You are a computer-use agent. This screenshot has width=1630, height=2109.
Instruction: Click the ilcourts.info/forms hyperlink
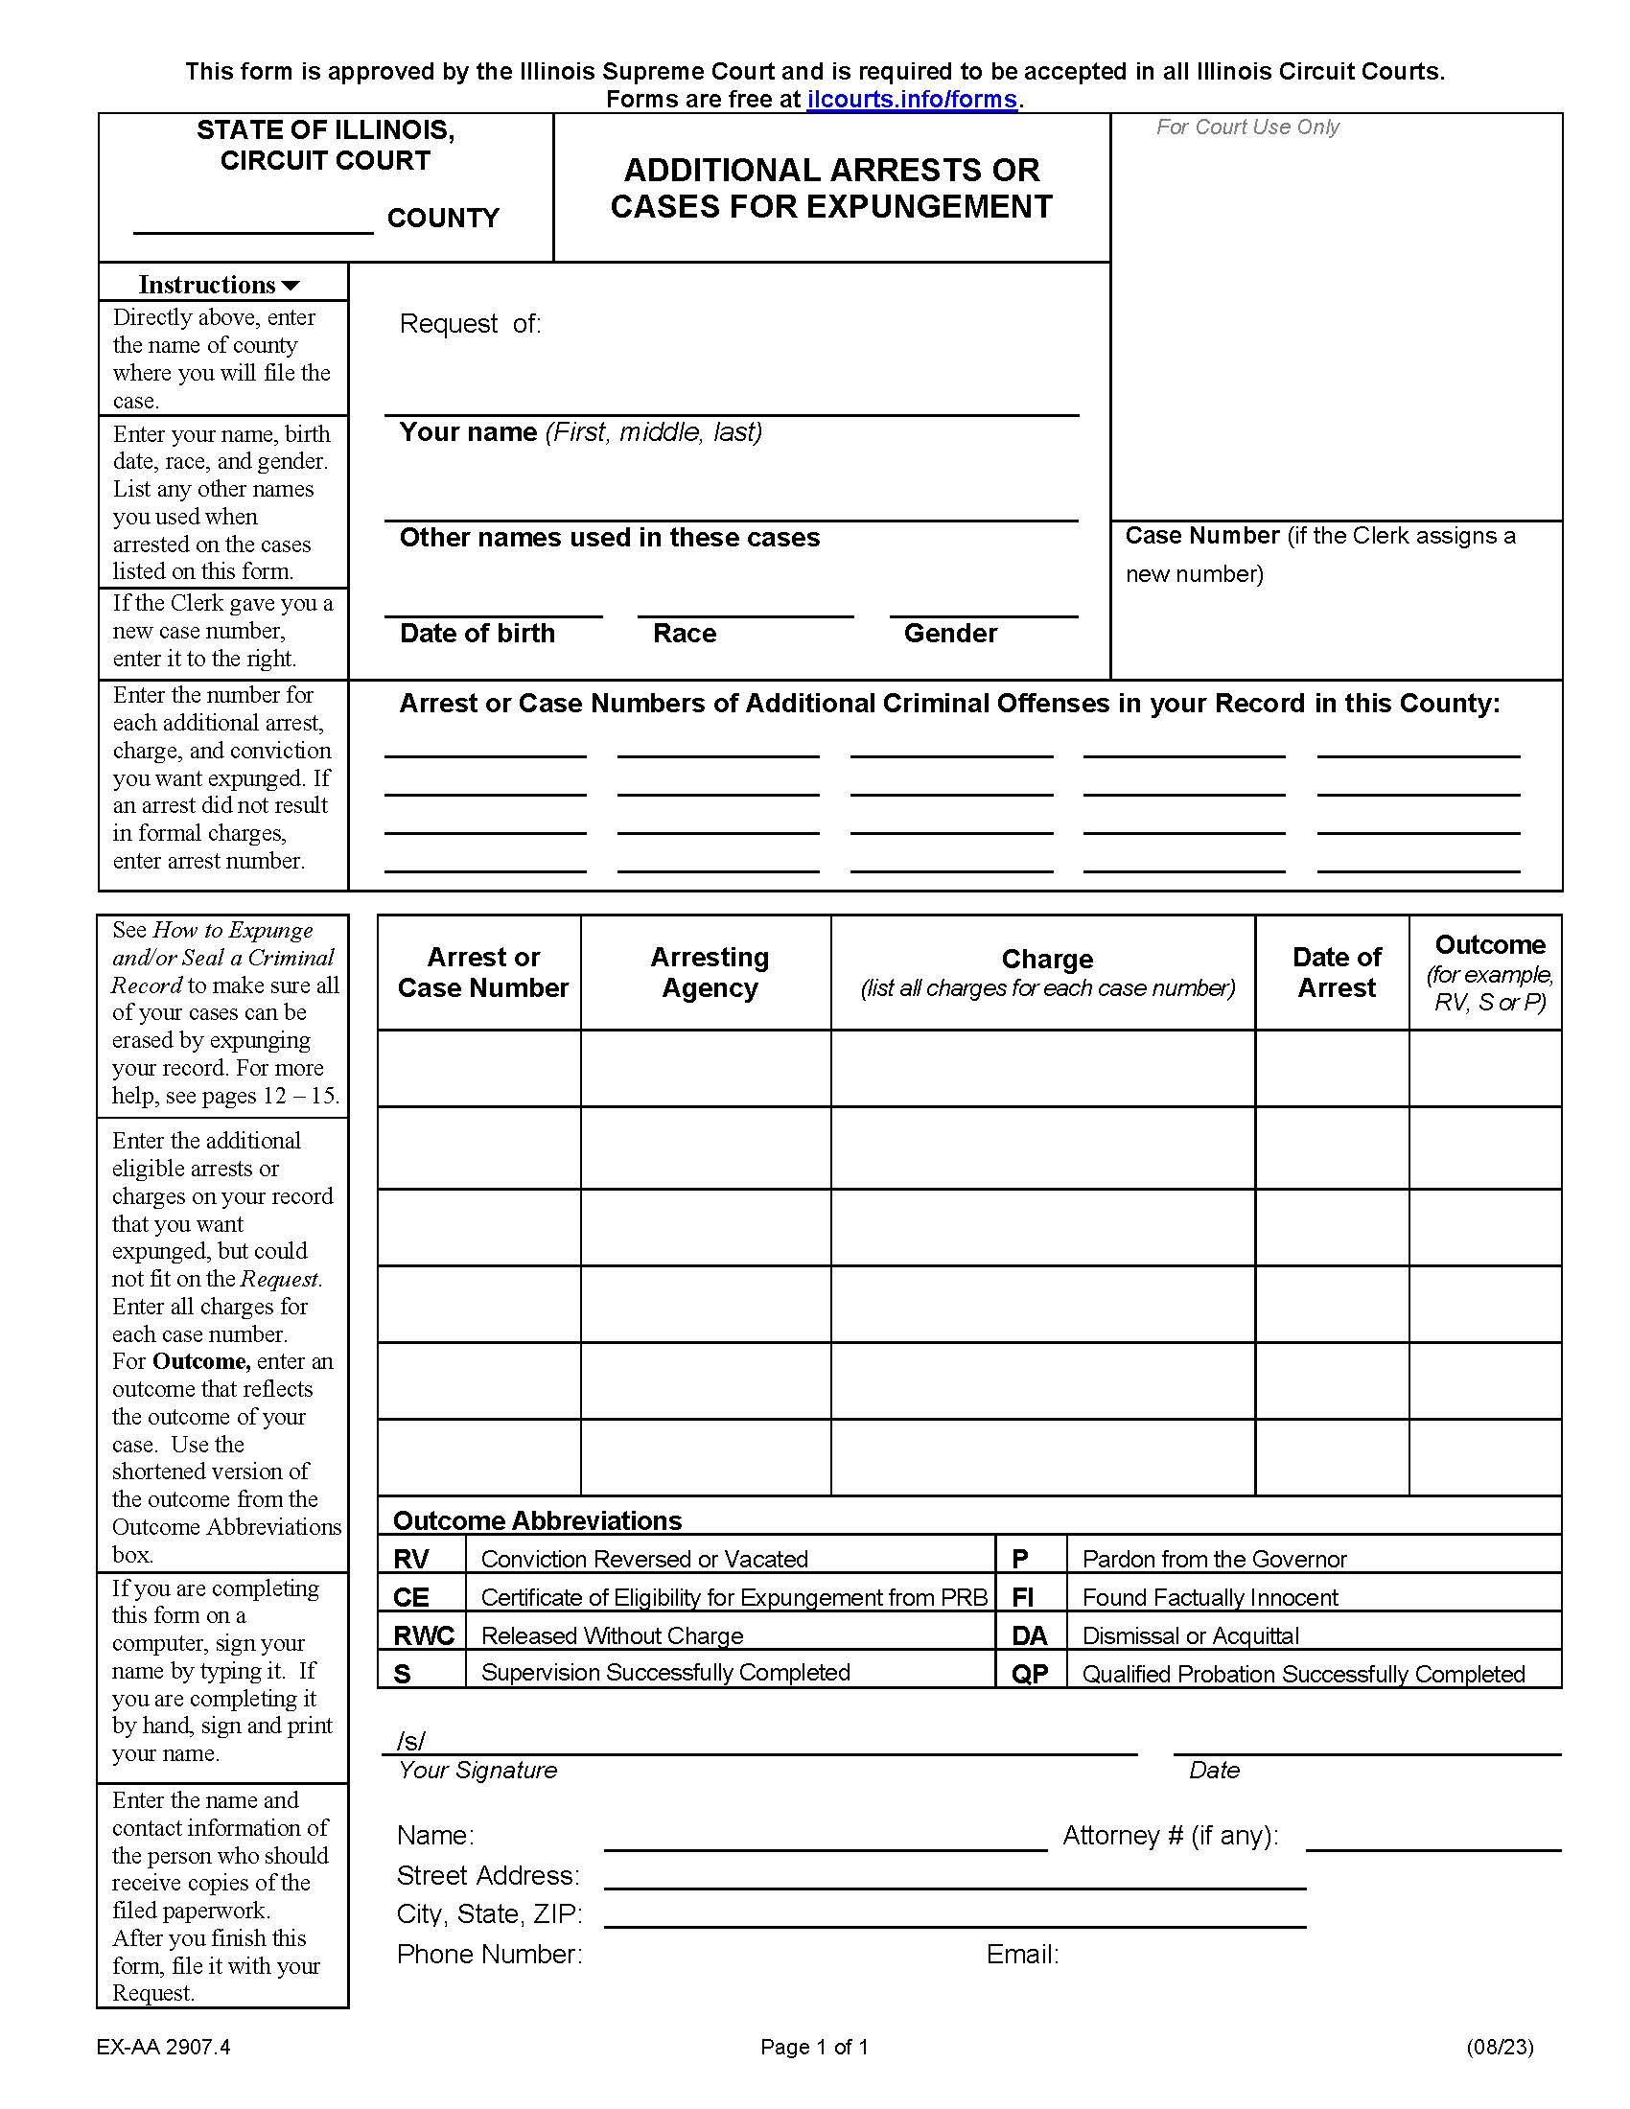point(911,100)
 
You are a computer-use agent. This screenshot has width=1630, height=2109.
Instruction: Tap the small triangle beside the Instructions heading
point(291,286)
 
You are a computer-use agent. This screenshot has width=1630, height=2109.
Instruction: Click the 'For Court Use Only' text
point(1246,127)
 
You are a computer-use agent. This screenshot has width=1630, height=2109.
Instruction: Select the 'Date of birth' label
point(477,634)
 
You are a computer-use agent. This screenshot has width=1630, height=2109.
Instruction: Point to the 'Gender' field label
point(949,634)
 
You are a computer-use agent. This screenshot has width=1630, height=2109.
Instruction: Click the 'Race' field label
point(684,634)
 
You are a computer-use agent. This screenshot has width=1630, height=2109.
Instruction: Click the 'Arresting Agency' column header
point(709,971)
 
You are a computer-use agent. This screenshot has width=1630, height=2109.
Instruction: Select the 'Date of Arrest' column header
point(1336,971)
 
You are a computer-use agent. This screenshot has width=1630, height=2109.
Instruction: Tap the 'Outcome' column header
point(1489,944)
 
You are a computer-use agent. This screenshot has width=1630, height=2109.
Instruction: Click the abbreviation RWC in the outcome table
point(423,1635)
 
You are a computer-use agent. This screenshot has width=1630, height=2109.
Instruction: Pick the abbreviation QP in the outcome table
point(1030,1675)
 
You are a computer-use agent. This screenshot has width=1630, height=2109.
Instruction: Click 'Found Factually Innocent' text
point(1209,1598)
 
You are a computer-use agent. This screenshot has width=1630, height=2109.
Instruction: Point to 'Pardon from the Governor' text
point(1213,1560)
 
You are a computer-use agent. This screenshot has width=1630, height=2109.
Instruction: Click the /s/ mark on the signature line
point(410,1740)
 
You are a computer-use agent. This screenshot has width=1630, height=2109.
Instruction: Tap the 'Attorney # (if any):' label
point(1170,1835)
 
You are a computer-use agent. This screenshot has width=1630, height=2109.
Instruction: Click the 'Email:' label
point(1022,1955)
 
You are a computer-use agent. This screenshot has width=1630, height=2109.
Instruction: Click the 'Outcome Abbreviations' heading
point(537,1521)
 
